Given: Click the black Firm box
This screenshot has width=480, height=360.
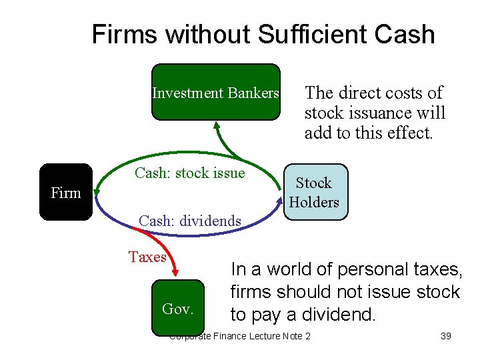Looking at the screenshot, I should [x=65, y=192].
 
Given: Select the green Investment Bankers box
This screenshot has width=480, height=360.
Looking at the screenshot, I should [x=216, y=93].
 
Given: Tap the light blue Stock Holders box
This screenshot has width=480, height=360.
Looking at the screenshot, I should [x=314, y=192].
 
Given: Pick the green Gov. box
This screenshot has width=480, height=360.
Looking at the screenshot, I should [x=178, y=308].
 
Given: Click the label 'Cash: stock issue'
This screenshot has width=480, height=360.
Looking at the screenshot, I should [x=190, y=173].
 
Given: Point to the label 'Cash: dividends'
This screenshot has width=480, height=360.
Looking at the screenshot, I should [x=189, y=220].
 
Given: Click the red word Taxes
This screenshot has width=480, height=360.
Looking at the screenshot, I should [x=147, y=257].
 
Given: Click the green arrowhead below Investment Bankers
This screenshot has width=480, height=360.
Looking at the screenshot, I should [x=217, y=125].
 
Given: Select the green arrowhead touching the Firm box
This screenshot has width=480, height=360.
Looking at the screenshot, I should [x=97, y=193].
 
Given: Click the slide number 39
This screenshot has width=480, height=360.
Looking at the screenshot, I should [x=446, y=336].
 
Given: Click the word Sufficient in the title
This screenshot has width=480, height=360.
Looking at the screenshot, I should [x=314, y=35].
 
